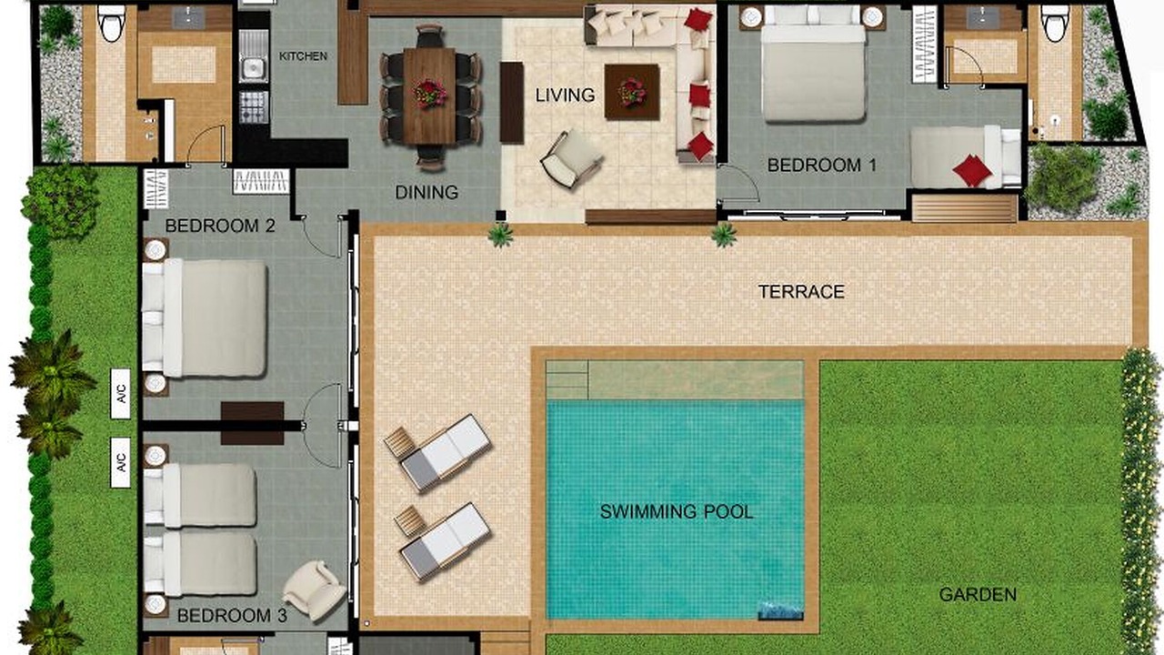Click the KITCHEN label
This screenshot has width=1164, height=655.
point(304,56)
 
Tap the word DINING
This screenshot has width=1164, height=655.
point(426,193)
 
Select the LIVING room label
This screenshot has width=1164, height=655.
point(566,96)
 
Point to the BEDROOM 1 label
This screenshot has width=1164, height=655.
point(821,166)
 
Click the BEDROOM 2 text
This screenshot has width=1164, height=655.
point(220,226)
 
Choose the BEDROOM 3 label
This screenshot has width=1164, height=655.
point(232,616)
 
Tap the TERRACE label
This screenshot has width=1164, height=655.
point(801,292)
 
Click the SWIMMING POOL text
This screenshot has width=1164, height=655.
point(677,511)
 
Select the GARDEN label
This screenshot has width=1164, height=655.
point(978,595)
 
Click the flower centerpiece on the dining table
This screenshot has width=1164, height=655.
point(430,94)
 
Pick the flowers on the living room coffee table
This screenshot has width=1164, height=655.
point(632,93)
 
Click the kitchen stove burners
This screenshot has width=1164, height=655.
point(254,106)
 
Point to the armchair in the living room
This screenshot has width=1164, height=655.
point(571,158)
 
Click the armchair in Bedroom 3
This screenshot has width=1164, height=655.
point(314,590)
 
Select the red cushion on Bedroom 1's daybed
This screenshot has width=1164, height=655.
point(973,170)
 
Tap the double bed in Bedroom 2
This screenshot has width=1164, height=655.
point(205,317)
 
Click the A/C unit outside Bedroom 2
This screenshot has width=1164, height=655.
point(121,394)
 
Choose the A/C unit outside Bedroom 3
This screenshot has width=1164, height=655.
point(121,463)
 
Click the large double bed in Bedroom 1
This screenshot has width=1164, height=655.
point(814,64)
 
